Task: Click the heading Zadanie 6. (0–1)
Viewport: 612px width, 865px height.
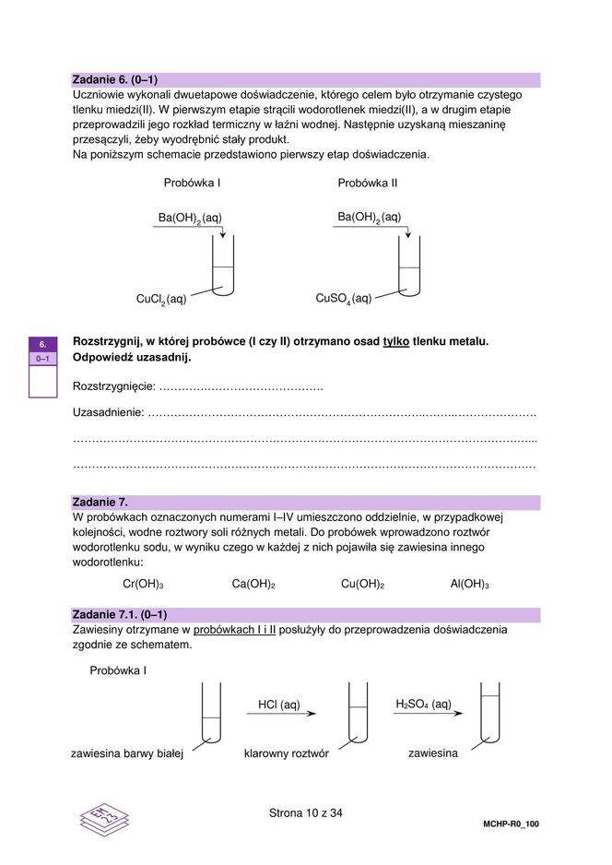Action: click(x=115, y=80)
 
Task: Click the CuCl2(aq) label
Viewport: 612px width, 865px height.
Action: click(x=161, y=299)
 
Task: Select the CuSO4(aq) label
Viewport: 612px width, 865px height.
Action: click(x=344, y=299)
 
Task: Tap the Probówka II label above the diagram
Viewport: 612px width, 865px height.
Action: click(x=368, y=183)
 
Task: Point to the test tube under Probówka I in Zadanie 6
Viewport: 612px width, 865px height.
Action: click(x=223, y=267)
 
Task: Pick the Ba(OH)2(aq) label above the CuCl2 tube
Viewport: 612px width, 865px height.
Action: click(x=190, y=218)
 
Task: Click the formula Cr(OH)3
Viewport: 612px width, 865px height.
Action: click(x=143, y=584)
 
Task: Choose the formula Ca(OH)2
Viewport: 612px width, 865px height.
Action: click(x=253, y=584)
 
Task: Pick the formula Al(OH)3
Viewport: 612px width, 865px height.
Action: click(x=469, y=584)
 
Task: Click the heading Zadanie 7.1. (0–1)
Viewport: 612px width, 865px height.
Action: click(x=120, y=614)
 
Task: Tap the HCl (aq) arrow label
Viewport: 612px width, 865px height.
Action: click(x=279, y=705)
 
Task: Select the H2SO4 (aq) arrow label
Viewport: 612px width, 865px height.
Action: click(x=423, y=705)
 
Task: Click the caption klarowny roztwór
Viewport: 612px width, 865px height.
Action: click(x=286, y=753)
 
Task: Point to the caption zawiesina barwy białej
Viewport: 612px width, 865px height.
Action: click(x=127, y=753)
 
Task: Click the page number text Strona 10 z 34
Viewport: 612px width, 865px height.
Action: click(x=306, y=812)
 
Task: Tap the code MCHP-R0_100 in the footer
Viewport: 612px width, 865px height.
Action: click(x=510, y=824)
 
